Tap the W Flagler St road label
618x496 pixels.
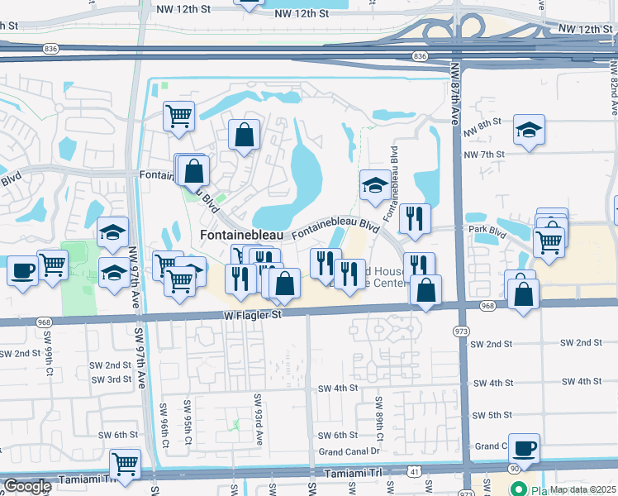[x=252, y=315]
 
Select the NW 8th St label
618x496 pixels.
[x=483, y=122]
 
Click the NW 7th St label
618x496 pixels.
[x=484, y=155]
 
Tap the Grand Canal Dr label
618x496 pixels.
[x=349, y=452]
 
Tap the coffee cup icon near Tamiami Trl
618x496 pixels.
[x=524, y=448]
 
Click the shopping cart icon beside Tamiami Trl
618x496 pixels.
[x=125, y=463]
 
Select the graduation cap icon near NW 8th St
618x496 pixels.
[x=529, y=130]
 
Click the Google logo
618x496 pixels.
[x=27, y=486]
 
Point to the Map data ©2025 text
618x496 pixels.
[x=582, y=489]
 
